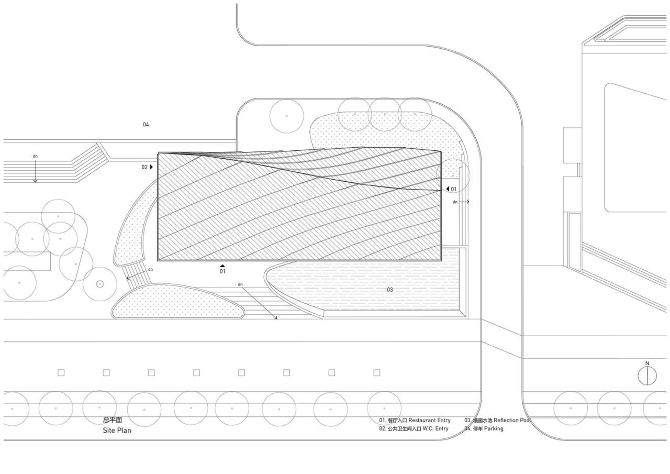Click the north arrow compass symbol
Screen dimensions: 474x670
(647, 374)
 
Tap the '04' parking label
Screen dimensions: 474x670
(146, 125)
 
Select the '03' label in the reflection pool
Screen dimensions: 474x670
(390, 290)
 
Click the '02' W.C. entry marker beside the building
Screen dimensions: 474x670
(144, 167)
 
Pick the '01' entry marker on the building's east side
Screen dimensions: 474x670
(453, 189)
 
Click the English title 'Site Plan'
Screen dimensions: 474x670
(117, 431)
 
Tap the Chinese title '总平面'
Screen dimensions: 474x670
(113, 420)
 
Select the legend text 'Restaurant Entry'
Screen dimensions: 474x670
(429, 420)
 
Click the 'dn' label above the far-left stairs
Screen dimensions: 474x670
(35, 156)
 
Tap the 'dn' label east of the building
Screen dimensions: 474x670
(455, 202)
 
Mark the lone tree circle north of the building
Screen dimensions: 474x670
(286, 115)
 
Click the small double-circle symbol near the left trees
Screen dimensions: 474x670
(100, 284)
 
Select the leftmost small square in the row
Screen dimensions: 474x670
(61, 373)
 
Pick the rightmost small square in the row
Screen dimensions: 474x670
(377, 373)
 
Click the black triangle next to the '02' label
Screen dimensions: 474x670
(152, 167)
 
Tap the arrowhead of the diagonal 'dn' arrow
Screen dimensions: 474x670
(276, 317)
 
